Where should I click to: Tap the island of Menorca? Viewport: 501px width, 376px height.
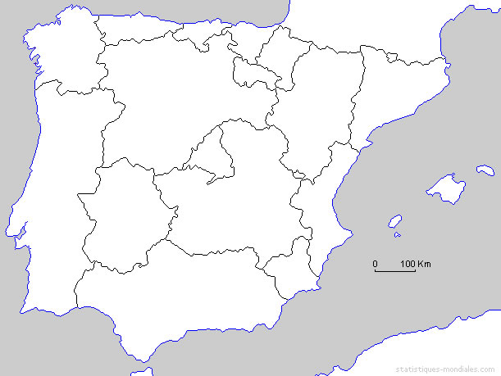pyautogui.click(x=485, y=171)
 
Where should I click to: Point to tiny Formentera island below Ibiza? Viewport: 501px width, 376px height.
pyautogui.click(x=398, y=236)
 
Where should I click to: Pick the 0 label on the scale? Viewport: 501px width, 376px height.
pyautogui.click(x=376, y=264)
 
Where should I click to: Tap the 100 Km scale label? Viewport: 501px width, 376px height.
pyautogui.click(x=416, y=264)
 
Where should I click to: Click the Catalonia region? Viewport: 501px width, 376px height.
pyautogui.click(x=394, y=90)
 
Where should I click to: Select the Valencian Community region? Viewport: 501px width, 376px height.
pyautogui.click(x=324, y=205)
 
